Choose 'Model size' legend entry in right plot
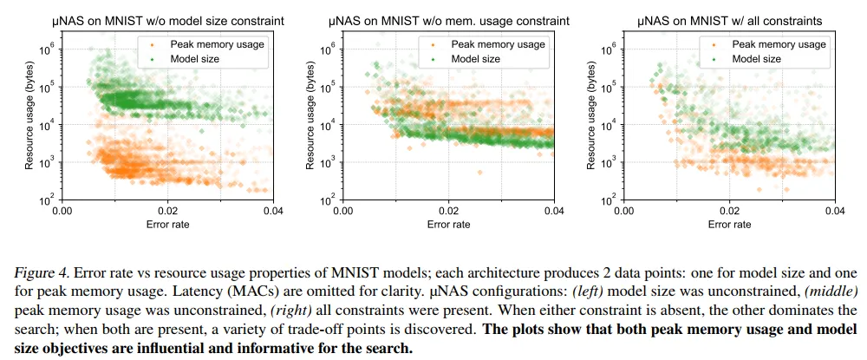pos(756,59)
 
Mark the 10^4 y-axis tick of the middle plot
pos(329,124)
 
